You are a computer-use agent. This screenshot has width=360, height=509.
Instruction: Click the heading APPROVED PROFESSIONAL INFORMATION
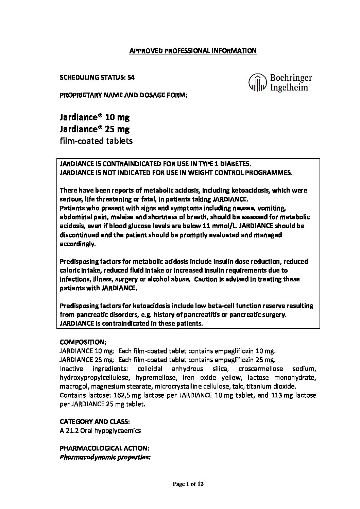tap(193, 51)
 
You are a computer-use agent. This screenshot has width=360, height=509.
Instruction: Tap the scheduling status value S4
tap(130, 78)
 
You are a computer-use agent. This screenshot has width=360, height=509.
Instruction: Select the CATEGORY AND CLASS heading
tap(95, 422)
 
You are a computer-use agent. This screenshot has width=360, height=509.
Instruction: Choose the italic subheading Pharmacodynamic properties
tap(105, 457)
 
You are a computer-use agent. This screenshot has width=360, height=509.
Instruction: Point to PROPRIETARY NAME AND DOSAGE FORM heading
tap(124, 95)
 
